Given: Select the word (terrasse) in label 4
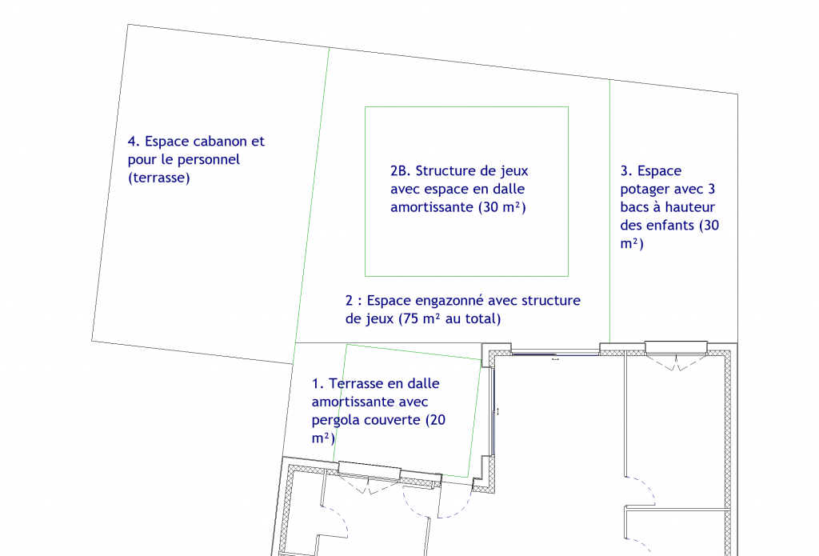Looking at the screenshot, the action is point(159,178).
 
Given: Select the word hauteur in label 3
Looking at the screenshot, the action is point(691,207).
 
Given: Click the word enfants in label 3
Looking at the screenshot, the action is point(671,226).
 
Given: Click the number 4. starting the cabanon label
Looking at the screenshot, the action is point(134,141).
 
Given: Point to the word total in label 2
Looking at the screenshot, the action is point(481,318).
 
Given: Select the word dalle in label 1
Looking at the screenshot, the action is point(423,383).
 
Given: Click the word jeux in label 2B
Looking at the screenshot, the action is point(514,172).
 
